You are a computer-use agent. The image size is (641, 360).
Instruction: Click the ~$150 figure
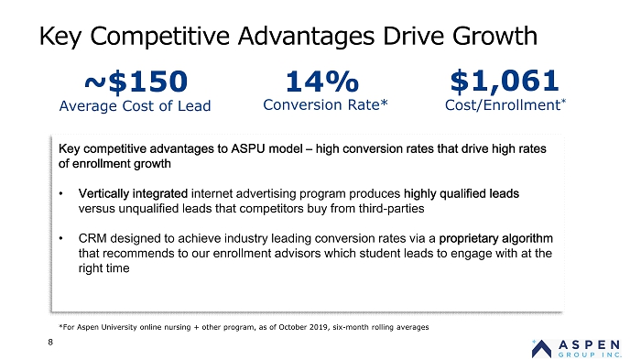coord(136,81)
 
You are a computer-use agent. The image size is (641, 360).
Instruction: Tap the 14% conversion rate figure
coord(322,81)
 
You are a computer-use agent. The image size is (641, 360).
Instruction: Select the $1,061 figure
coord(504,81)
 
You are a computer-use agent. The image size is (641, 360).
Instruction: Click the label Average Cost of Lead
coord(135,106)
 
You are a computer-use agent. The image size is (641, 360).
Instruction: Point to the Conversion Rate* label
coord(325,104)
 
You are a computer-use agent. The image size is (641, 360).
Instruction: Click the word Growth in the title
coord(494,36)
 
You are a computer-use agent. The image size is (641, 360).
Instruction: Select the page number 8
coord(50,342)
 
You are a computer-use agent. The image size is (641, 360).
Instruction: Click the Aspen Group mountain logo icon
coord(542,349)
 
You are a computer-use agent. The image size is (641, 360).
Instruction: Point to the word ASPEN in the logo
coord(589,344)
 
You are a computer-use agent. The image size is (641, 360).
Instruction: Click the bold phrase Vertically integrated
coord(133,193)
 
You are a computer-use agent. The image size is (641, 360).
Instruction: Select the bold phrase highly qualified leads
coord(462,193)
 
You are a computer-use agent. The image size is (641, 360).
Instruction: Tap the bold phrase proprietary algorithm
coord(496,238)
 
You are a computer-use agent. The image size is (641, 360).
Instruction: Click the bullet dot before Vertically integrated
coord(61,193)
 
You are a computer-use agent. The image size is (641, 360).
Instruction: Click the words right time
coord(103,268)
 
